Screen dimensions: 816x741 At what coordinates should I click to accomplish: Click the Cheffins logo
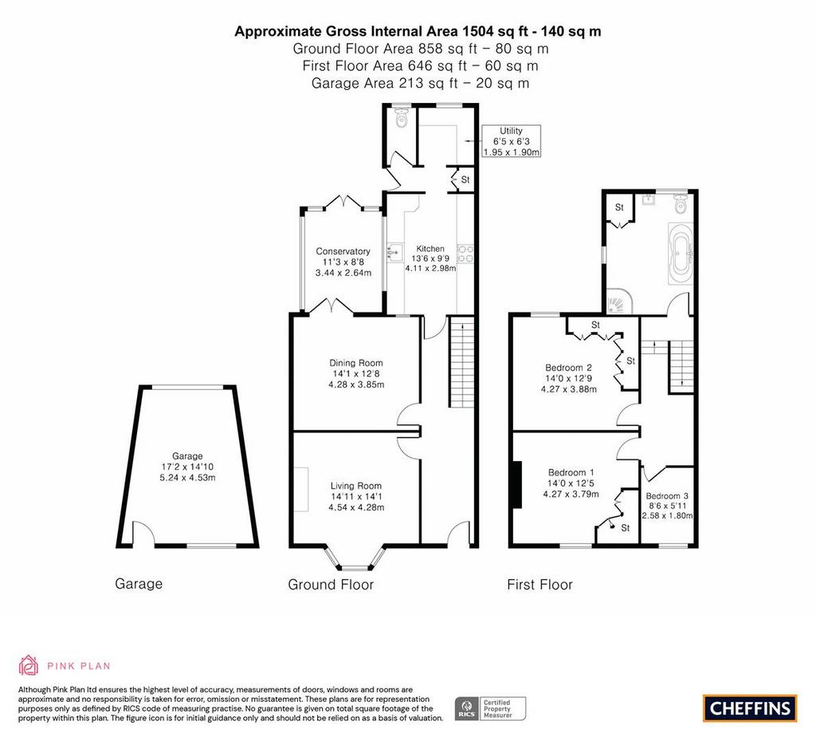point(750,708)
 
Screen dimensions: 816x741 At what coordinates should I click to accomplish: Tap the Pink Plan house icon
point(28,665)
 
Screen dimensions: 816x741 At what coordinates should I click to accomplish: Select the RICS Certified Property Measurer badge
point(490,709)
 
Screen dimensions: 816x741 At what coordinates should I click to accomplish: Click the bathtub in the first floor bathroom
point(681,254)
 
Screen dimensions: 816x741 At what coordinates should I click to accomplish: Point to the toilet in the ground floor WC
point(402,119)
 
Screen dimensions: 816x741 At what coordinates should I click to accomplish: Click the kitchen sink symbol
point(395,253)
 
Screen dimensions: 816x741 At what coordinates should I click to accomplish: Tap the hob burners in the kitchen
point(465,254)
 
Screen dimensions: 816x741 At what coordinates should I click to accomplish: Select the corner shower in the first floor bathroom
point(618,302)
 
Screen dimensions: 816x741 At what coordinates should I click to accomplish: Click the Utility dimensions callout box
point(511,141)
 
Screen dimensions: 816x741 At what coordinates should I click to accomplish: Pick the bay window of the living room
point(355,558)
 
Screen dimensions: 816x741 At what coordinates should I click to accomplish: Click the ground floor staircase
point(461,362)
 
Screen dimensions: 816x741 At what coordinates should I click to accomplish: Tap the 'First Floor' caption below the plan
point(539,584)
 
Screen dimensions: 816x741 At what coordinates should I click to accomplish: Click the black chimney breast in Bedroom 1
point(516,484)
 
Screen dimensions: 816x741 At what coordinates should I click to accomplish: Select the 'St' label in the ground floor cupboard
point(465,179)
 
